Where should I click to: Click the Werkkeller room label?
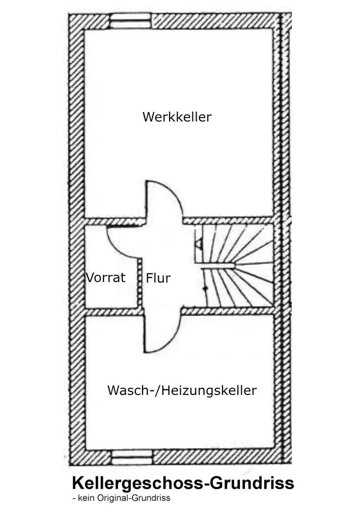[177, 117]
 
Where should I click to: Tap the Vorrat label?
[105, 277]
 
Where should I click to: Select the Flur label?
[158, 278]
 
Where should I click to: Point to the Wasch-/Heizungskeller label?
[182, 390]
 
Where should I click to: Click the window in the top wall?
[130, 21]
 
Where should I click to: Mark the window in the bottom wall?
[132, 458]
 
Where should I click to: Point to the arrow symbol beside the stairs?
[199, 243]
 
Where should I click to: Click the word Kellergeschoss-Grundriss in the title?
[183, 484]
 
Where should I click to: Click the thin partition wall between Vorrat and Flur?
[140, 282]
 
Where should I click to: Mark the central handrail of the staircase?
[218, 267]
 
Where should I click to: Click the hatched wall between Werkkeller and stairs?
[229, 220]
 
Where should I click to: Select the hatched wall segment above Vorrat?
[114, 222]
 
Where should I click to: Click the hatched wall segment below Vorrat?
[114, 312]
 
